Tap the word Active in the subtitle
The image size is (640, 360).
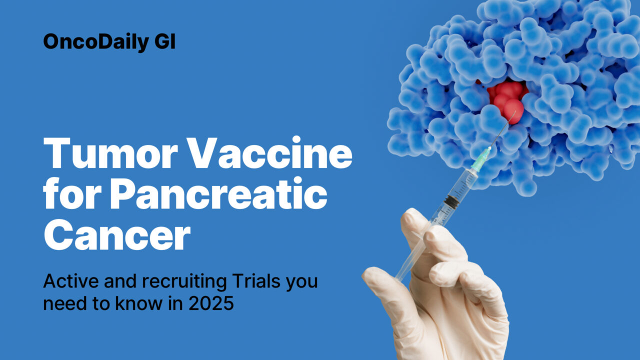click(x=66, y=281)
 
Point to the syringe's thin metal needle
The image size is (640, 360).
click(x=502, y=130)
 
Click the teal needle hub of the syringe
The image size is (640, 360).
click(x=481, y=159)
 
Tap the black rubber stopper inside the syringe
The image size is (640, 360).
click(x=452, y=201)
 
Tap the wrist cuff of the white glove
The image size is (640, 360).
click(x=450, y=345)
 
